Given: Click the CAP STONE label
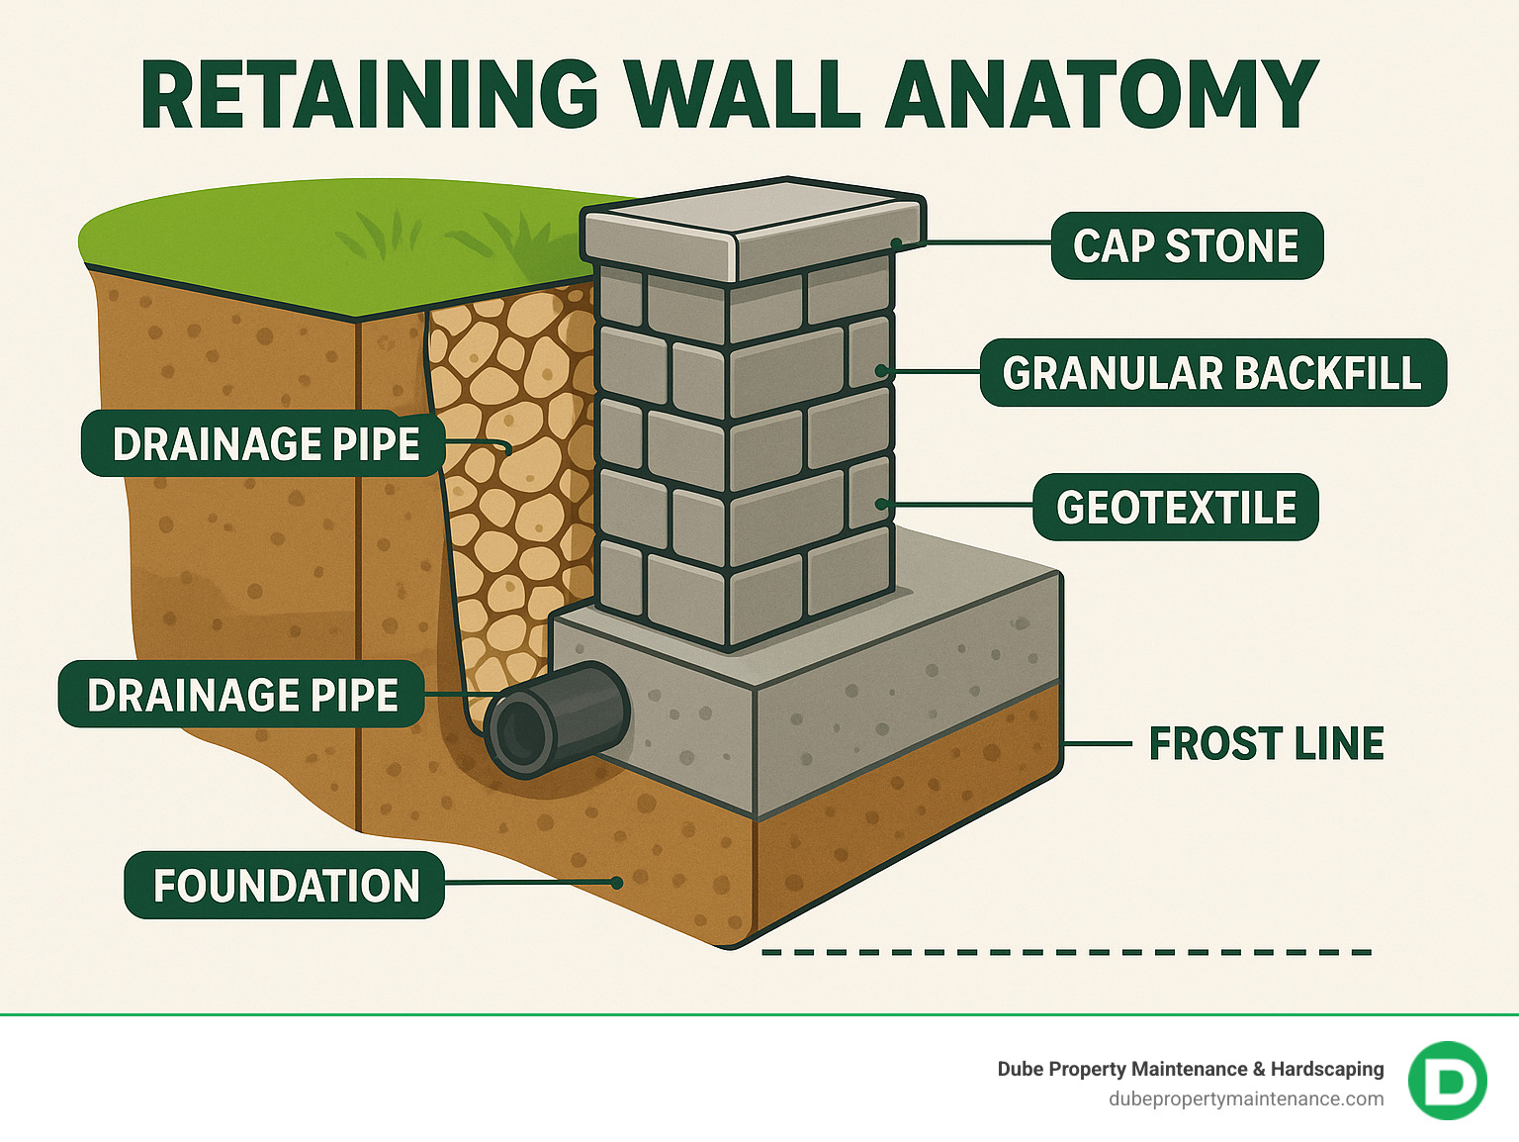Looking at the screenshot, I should tap(1186, 245).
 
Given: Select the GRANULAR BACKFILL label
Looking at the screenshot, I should tap(1212, 373).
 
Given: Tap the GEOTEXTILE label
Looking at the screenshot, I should tap(1175, 507).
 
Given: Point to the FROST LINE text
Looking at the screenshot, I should tap(1266, 744).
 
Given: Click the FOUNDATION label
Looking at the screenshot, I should tap(285, 885).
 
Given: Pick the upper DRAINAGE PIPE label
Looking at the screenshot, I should tap(265, 443).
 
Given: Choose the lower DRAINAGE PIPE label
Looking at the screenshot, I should tap(242, 695).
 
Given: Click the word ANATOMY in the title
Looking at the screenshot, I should tap(1102, 96).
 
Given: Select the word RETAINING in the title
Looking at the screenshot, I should tap(370, 96).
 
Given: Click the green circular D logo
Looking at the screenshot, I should tap(1447, 1081).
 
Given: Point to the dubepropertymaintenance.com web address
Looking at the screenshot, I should tap(1246, 1098).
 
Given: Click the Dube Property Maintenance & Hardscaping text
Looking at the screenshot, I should tap(1190, 1069).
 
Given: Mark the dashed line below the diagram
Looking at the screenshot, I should tap(1066, 952).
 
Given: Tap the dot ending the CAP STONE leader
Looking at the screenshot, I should tap(896, 242).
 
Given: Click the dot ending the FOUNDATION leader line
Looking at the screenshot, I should tap(616, 882).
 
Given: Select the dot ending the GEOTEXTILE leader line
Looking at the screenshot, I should tap(881, 505).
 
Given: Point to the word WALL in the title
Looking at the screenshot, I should tap(742, 96).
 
